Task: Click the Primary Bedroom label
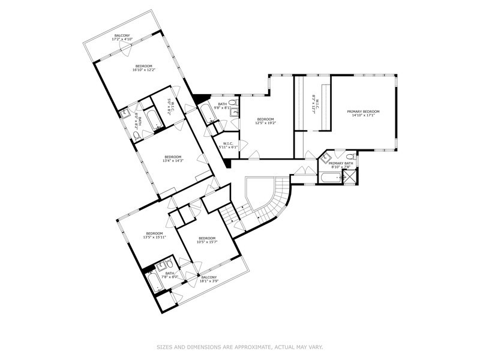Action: pos(363,111)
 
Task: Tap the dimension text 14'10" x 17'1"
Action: pos(363,116)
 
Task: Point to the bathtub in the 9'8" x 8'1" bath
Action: pos(207,113)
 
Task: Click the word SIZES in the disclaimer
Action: pos(166,347)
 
